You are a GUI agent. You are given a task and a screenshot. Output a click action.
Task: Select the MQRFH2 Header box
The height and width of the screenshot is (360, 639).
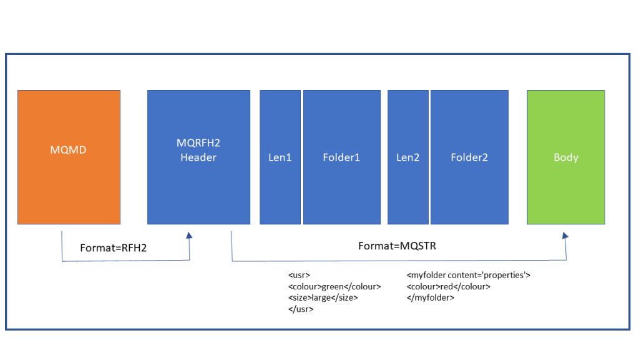(x=198, y=187)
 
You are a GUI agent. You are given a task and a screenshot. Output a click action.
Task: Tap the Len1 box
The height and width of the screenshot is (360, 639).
(x=280, y=187)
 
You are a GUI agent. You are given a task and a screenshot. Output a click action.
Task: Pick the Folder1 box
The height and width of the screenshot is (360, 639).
(x=341, y=187)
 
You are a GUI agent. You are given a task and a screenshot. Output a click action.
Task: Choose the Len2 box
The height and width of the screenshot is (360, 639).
(x=408, y=187)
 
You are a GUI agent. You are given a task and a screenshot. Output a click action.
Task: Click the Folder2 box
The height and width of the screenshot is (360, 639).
(x=469, y=187)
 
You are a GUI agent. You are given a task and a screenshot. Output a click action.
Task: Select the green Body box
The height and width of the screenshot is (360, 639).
(x=566, y=187)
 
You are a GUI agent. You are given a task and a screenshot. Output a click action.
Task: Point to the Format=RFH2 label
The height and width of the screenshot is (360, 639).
(x=113, y=248)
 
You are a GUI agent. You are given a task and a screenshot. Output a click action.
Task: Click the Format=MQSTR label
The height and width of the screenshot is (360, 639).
(x=397, y=246)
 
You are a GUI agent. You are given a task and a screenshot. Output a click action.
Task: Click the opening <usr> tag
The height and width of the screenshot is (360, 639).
(x=300, y=275)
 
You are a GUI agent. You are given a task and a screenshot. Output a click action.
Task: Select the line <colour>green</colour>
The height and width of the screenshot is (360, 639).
(x=334, y=286)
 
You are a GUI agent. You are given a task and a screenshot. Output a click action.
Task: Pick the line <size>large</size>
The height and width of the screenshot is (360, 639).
(x=323, y=297)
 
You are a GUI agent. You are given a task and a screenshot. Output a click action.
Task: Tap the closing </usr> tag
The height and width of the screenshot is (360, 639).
(x=301, y=309)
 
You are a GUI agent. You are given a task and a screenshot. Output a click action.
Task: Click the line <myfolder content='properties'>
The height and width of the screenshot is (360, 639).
(x=468, y=275)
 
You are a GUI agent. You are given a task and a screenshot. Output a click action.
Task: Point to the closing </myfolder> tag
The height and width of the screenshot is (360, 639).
(x=431, y=297)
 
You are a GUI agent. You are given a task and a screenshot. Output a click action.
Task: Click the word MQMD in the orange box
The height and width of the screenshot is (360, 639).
(x=69, y=151)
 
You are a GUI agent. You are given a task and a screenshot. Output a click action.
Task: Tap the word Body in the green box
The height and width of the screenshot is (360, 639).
(x=566, y=157)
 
